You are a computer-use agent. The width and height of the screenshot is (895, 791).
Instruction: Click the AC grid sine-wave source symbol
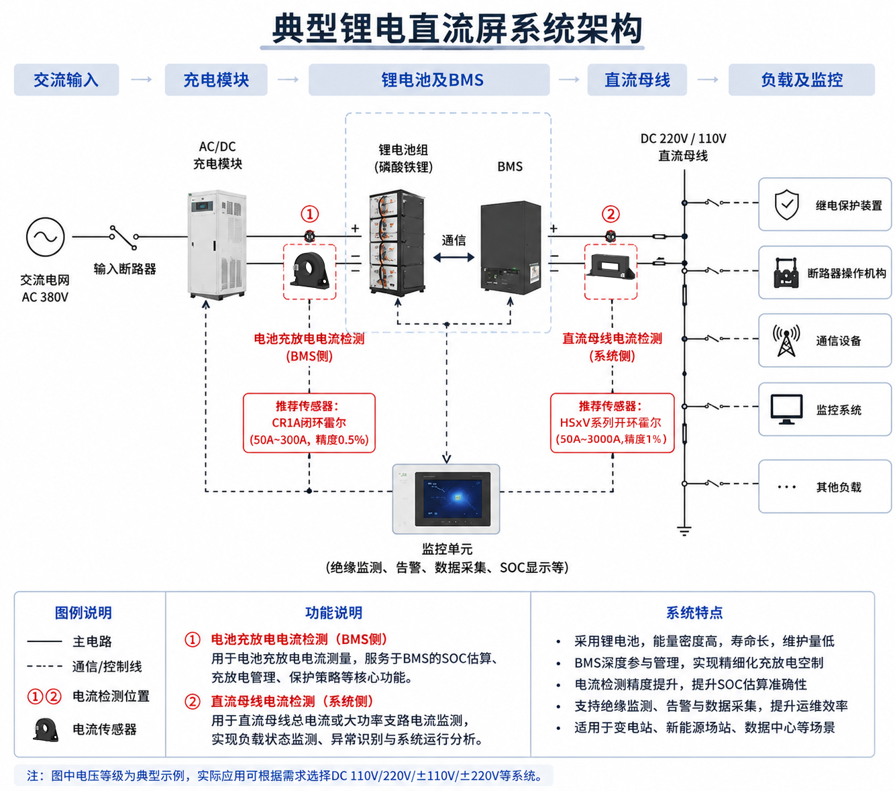45,236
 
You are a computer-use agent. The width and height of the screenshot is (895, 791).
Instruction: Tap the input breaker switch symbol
124,238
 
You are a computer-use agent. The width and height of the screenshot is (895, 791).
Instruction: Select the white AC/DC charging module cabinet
217,244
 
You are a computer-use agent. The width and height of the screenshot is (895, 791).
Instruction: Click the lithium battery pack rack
397,243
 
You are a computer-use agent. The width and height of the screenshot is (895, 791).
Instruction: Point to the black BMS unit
510,248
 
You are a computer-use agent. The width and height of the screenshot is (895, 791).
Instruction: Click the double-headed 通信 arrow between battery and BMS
454,257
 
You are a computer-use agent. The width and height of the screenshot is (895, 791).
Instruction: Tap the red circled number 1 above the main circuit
309,214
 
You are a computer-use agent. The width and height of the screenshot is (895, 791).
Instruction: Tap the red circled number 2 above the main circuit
611,214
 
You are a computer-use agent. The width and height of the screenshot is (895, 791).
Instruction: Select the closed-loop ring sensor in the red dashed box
310,270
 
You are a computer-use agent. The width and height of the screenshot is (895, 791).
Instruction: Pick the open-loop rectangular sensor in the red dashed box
611,266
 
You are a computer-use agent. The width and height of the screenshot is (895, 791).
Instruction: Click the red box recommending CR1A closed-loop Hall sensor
309,423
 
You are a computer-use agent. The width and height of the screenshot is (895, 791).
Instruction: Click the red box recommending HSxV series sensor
612,423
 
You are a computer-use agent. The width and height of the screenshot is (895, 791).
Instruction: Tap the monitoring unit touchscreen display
452,498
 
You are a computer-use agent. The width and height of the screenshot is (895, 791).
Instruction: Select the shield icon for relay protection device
787,205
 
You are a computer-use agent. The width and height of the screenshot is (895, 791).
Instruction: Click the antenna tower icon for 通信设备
786,340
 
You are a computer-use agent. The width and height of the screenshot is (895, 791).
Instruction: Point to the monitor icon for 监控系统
786,409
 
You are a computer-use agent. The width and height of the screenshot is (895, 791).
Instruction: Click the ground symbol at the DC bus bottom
684,530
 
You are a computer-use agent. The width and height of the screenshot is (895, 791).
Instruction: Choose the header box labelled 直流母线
637,80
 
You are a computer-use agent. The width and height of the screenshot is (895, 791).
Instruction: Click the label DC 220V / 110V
683,139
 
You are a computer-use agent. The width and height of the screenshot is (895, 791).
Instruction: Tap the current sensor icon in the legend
46,729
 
